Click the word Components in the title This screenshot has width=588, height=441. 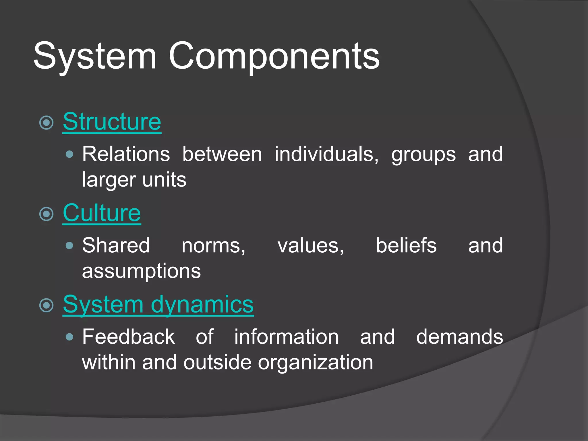tap(274, 56)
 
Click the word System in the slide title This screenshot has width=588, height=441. tap(95, 56)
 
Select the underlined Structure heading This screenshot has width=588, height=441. tap(112, 122)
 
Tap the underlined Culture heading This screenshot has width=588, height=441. tap(102, 213)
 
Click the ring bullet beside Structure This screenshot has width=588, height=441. tap(47, 123)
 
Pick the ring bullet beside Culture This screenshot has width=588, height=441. tap(47, 214)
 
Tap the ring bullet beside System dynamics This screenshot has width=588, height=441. tap(47, 305)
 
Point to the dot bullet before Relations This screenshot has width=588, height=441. tap(69, 155)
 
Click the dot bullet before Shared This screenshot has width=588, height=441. tap(69, 246)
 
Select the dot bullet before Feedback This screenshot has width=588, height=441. tap(69, 337)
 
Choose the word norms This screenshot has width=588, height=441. tap(213, 246)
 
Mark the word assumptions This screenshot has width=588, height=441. tap(141, 271)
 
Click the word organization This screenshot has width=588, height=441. tap(316, 363)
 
